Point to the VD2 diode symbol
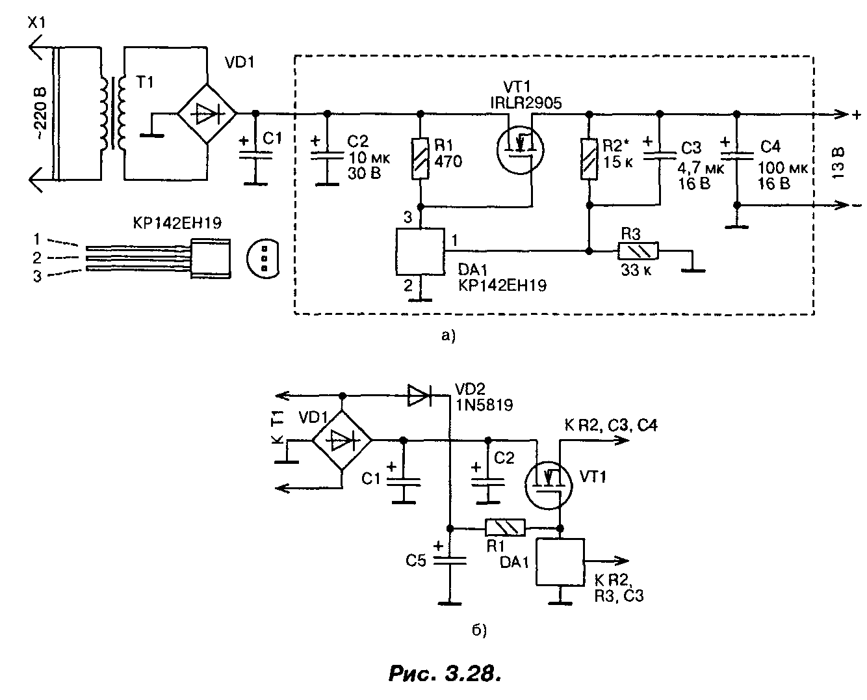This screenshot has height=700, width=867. point(419,395)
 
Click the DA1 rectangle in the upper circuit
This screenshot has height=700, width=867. point(420,251)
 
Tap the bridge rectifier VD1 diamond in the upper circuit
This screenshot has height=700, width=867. point(207,113)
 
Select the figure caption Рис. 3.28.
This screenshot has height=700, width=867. point(445,673)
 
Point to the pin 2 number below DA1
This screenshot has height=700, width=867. point(408,285)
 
